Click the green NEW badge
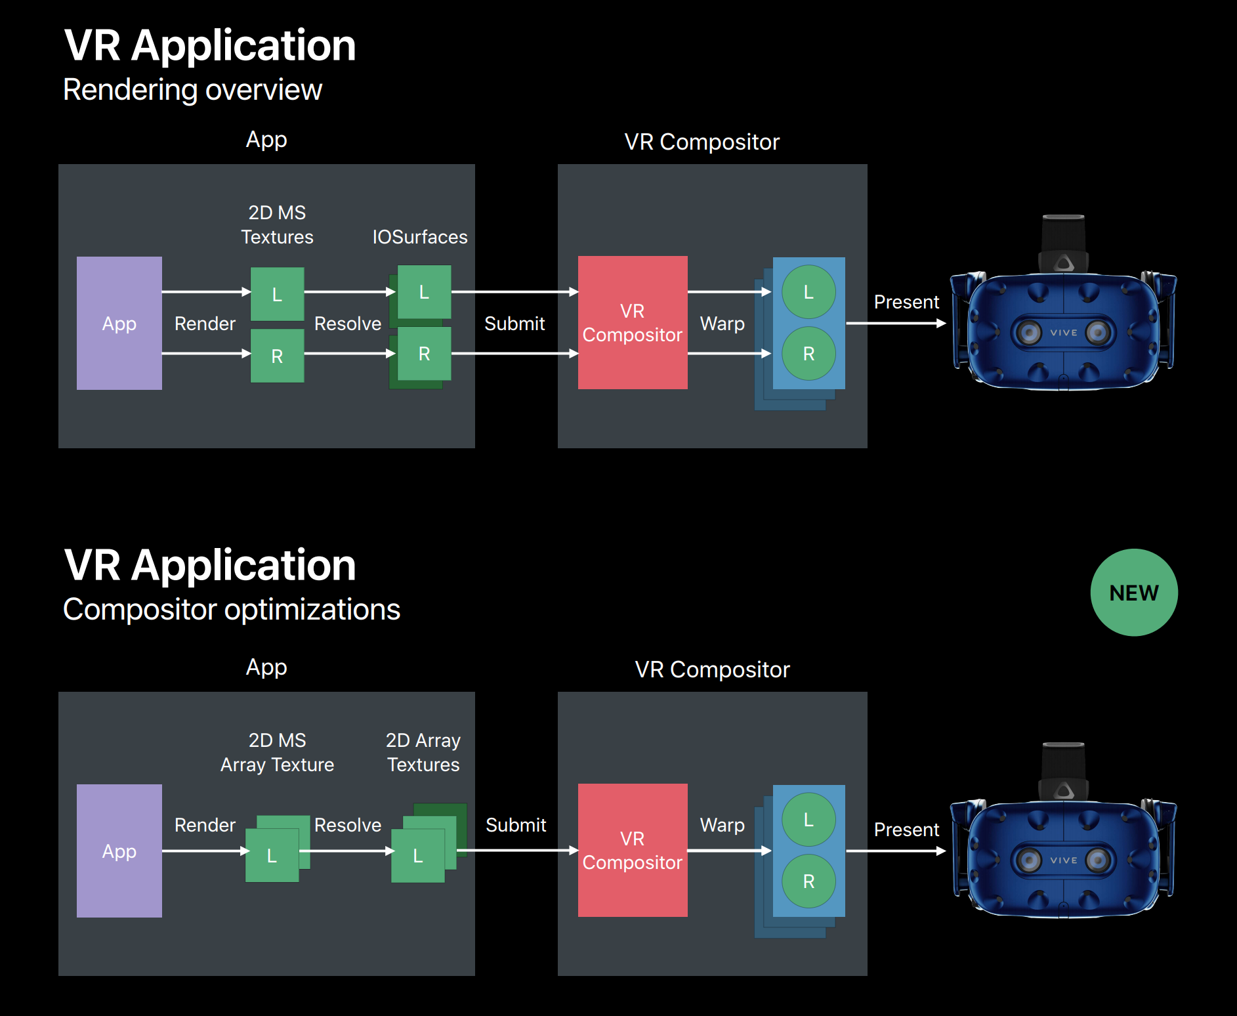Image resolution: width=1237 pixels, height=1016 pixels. (1133, 592)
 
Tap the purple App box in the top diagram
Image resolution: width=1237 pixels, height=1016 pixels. (119, 323)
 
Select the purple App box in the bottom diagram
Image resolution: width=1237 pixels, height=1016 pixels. (119, 851)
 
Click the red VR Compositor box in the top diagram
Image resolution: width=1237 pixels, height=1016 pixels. (633, 322)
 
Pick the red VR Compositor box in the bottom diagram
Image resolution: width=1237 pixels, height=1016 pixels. (633, 850)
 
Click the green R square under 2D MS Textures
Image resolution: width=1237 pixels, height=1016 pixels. (277, 356)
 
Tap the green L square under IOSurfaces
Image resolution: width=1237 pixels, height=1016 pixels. (424, 292)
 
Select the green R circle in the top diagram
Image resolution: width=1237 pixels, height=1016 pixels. (808, 354)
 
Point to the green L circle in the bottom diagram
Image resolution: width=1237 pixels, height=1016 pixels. (808, 819)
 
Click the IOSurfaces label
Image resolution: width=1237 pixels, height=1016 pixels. (420, 237)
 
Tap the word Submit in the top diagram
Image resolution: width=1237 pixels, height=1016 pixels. (514, 324)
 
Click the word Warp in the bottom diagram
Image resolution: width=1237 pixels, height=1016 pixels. (722, 825)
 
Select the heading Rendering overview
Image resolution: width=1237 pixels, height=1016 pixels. (192, 90)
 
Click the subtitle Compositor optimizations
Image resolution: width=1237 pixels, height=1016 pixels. (231, 610)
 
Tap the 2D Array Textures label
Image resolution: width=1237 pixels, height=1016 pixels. (423, 752)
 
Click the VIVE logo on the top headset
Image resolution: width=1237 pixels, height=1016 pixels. (1063, 333)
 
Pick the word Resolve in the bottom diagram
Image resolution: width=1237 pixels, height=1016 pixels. (348, 825)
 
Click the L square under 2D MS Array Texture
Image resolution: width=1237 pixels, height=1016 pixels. (272, 855)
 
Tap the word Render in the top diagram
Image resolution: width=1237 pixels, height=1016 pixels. (205, 324)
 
